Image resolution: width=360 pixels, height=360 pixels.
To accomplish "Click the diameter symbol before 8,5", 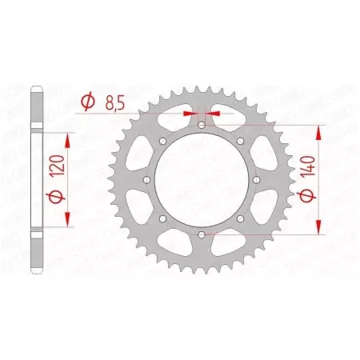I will coord(87,102).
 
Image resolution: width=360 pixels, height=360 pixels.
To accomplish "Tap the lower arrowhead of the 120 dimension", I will coord(66,222).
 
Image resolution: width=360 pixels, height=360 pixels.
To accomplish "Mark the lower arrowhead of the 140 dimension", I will coord(320,229).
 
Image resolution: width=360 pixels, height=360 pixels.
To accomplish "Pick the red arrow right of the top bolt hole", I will coord(214,114).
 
